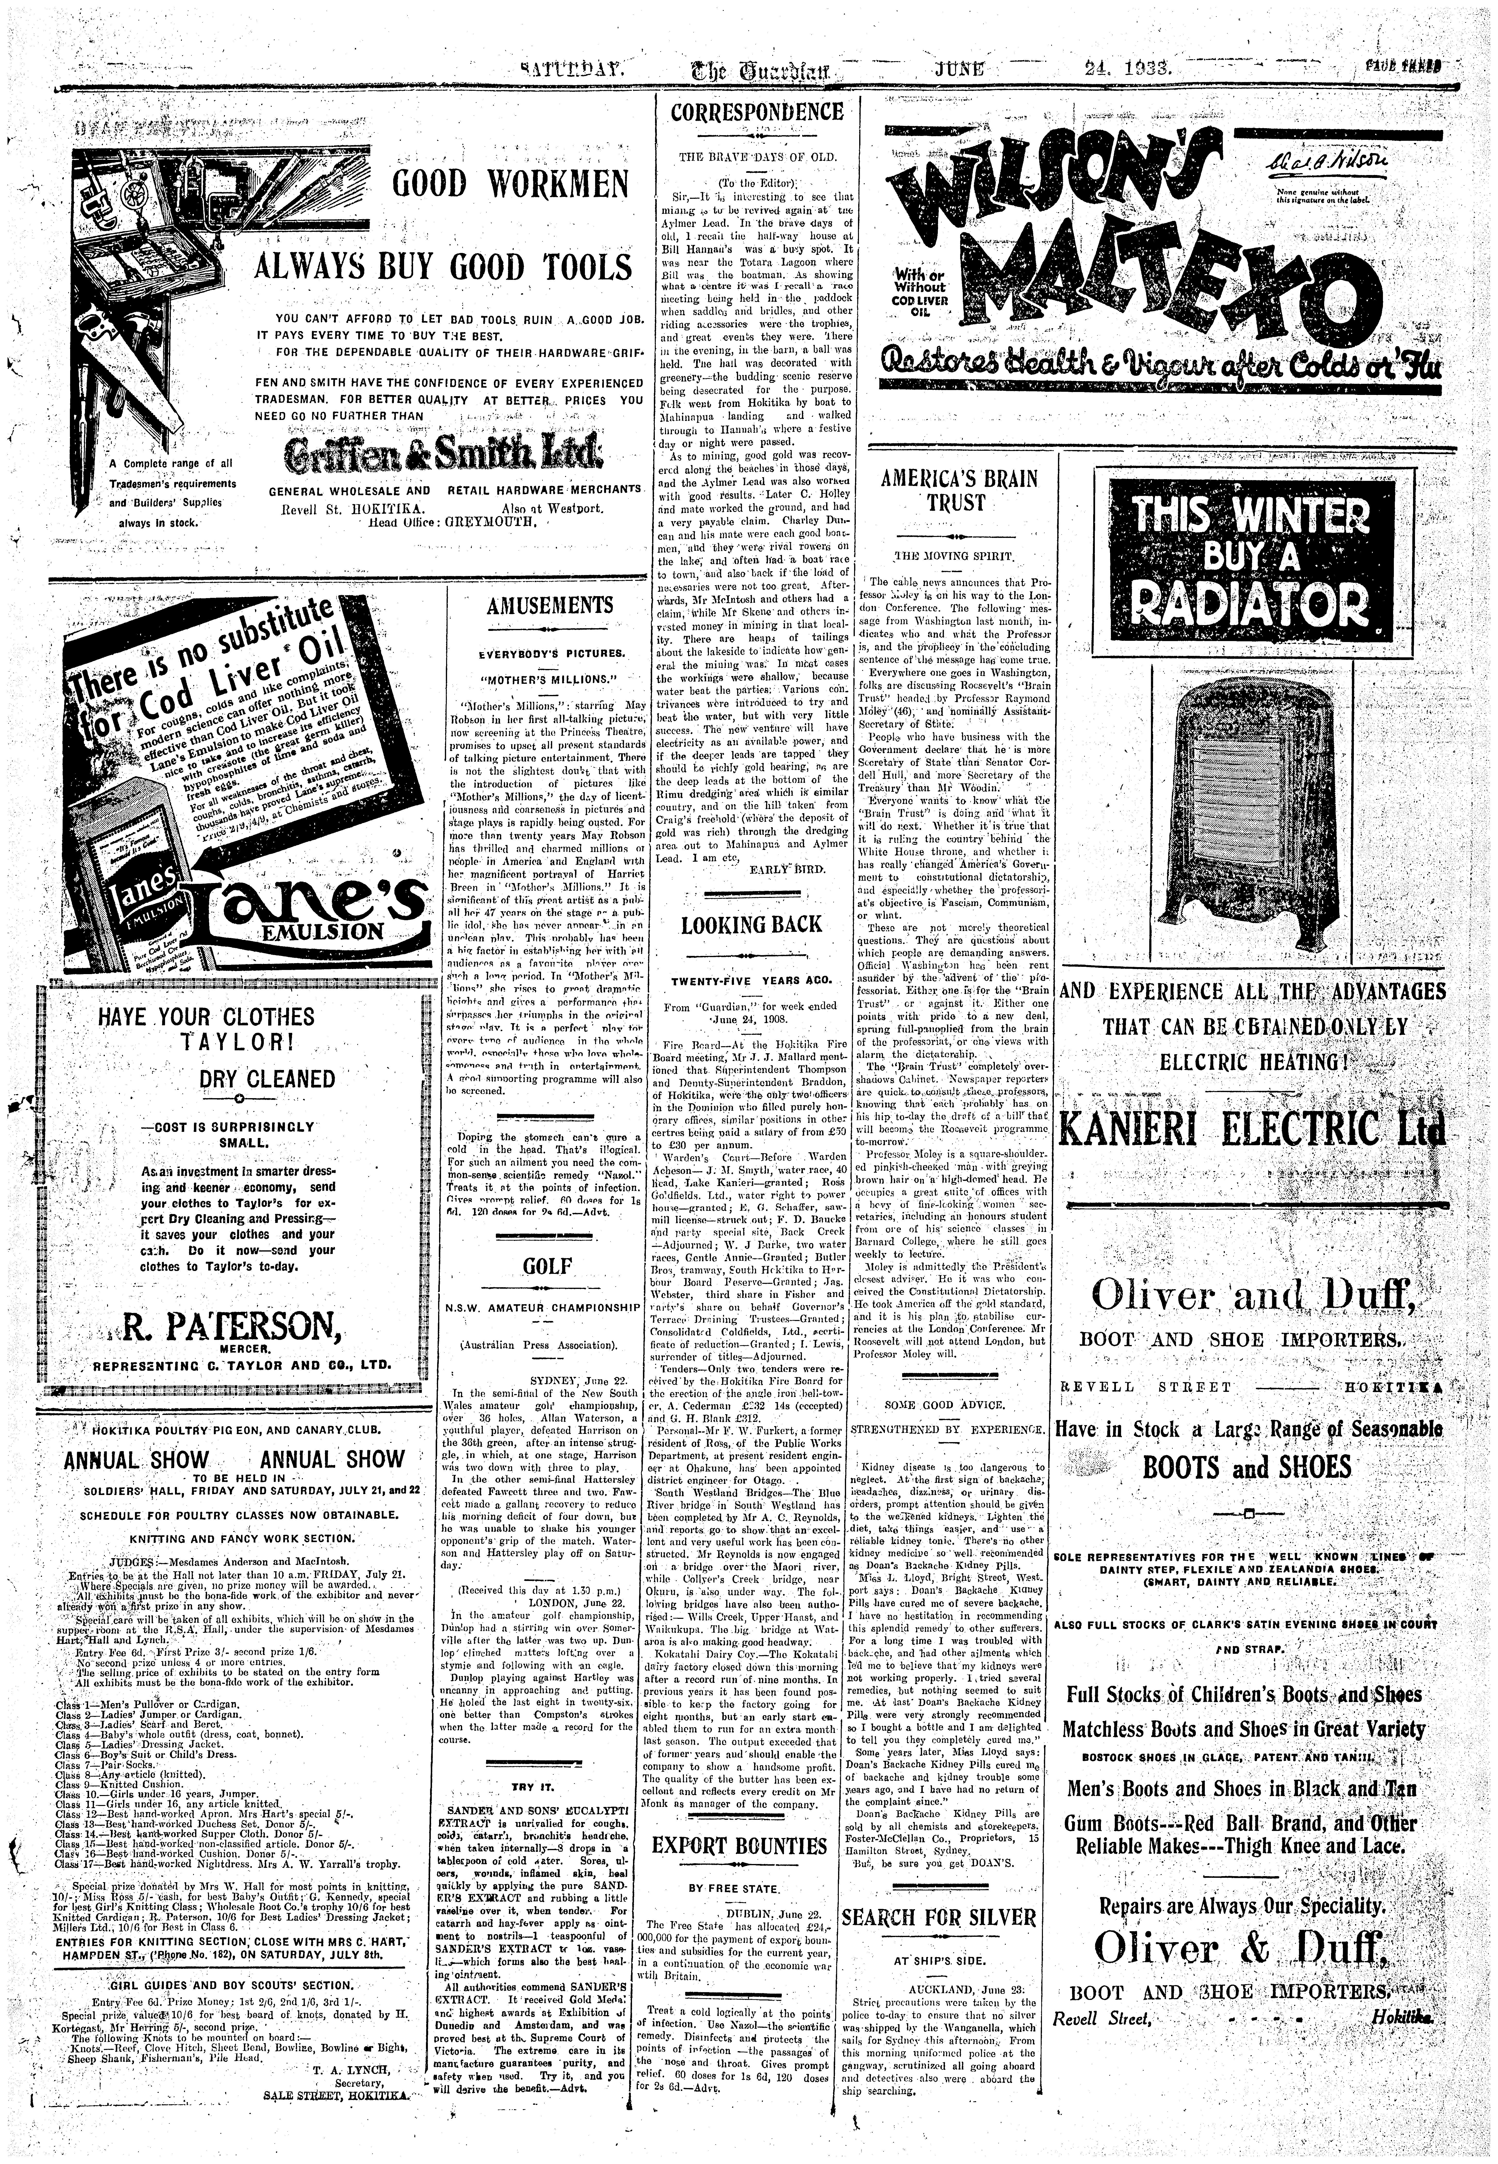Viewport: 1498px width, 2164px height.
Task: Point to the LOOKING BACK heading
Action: (753, 924)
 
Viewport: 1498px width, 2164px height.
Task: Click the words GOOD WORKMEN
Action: (511, 184)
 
